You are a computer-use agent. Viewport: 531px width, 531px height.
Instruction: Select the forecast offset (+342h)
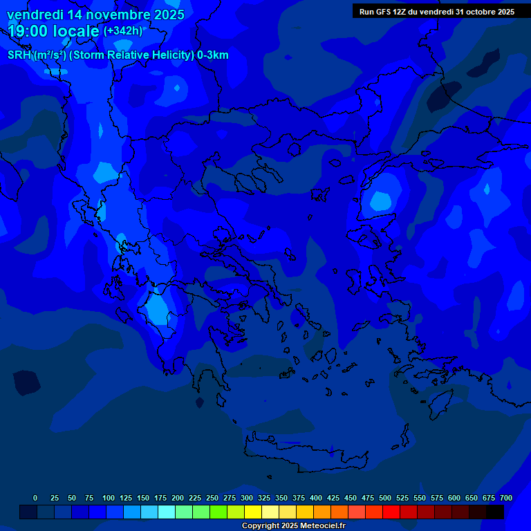123,31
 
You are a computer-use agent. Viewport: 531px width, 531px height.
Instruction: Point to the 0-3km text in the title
212,55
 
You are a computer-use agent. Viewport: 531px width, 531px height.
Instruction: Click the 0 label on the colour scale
35,498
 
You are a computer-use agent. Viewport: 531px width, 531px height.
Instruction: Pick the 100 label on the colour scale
109,498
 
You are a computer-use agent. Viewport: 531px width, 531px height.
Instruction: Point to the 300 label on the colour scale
247,498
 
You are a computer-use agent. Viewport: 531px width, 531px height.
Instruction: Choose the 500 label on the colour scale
385,498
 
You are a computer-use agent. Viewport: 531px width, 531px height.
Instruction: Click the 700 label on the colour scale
506,498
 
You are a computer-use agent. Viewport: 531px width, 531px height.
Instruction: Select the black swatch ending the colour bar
495,512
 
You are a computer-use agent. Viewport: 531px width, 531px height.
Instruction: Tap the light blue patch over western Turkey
381,201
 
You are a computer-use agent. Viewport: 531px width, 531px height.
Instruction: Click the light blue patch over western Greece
158,307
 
